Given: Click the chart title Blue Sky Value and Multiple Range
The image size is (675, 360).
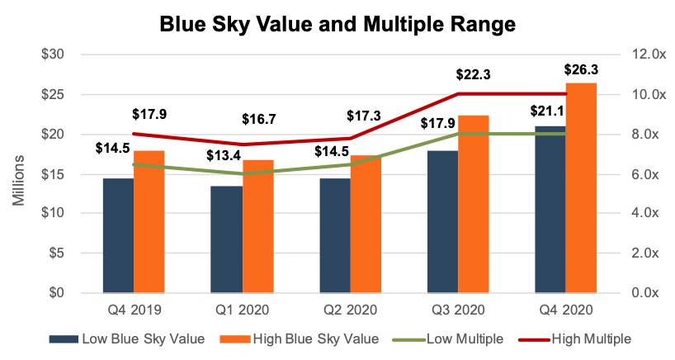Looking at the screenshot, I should click(x=337, y=25).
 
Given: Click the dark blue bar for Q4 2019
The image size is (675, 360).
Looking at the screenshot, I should click(x=117, y=235).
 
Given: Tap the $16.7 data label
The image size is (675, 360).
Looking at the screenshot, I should click(x=257, y=121).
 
